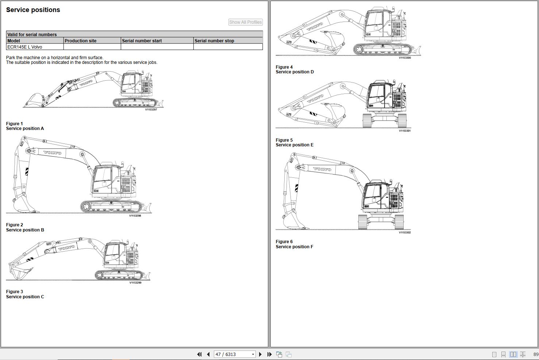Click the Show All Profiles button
(246, 22)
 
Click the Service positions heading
(33, 10)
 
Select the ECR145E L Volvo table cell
(35, 47)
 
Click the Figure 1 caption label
(15, 123)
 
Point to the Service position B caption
(25, 230)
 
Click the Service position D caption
(295, 72)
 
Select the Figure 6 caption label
(284, 242)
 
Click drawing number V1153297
(151, 110)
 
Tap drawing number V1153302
(405, 233)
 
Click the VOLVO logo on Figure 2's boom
(53, 153)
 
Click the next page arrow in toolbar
(260, 354)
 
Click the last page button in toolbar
(269, 354)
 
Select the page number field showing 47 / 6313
(235, 354)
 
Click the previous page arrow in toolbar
(208, 354)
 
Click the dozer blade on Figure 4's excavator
(417, 50)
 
